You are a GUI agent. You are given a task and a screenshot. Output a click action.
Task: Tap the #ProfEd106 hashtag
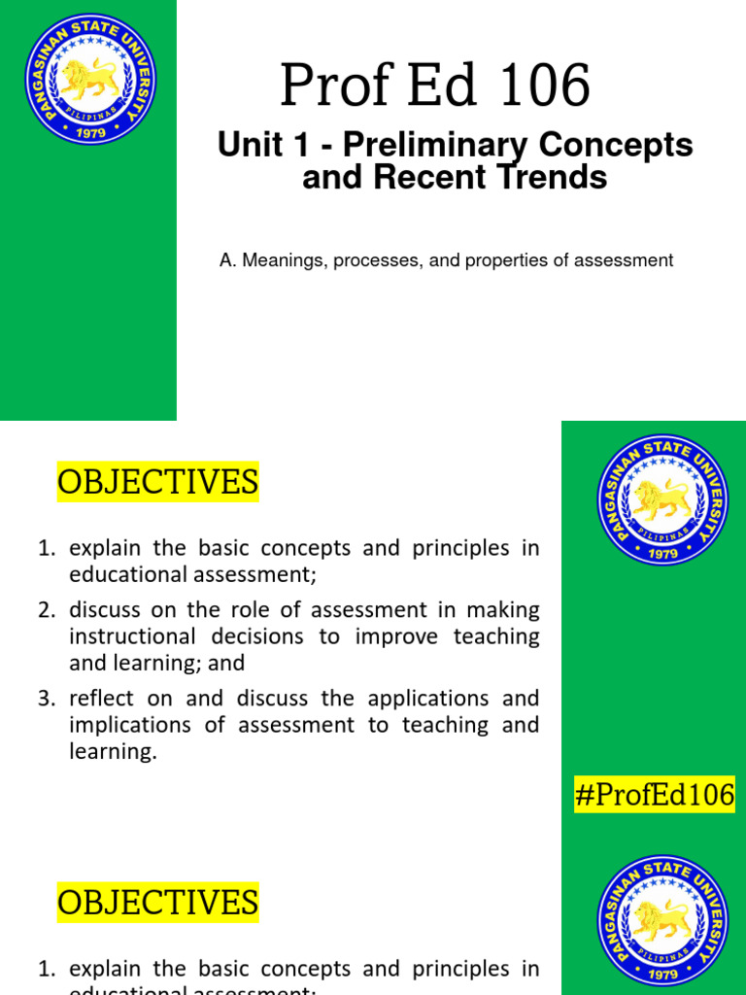pyautogui.click(x=654, y=796)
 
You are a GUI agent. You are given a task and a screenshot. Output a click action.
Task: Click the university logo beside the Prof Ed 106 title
pyautogui.click(x=89, y=81)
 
